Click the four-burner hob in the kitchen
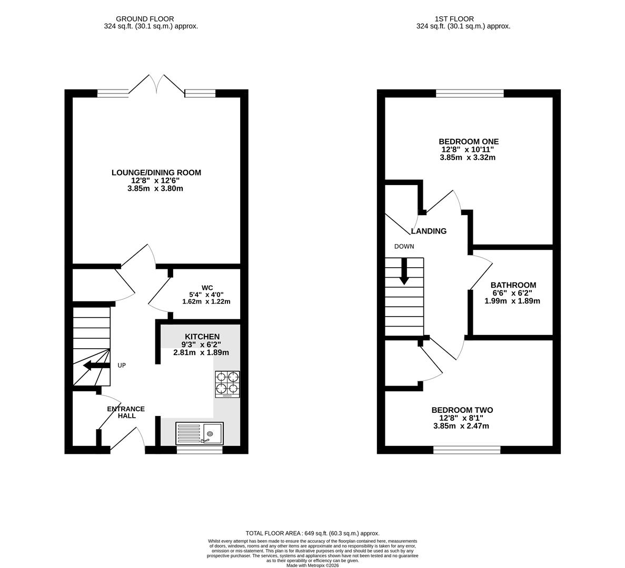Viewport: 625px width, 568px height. pyautogui.click(x=227, y=384)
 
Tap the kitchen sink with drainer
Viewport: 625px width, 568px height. pyautogui.click(x=200, y=433)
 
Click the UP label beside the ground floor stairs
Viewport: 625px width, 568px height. pyautogui.click(x=122, y=365)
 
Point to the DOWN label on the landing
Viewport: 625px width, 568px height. pyautogui.click(x=404, y=246)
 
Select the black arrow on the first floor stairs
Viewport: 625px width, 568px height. pyautogui.click(x=404, y=271)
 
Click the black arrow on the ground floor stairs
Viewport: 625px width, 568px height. pyautogui.click(x=96, y=366)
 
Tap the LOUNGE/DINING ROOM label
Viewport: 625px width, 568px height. pyautogui.click(x=156, y=173)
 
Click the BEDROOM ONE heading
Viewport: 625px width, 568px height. pyautogui.click(x=469, y=141)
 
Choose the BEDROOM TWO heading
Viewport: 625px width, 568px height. pyautogui.click(x=462, y=410)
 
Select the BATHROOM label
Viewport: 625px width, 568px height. pyautogui.click(x=513, y=285)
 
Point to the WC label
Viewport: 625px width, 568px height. pyautogui.click(x=207, y=288)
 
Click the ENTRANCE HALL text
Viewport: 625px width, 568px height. pyautogui.click(x=126, y=412)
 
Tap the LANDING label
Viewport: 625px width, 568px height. pyautogui.click(x=429, y=231)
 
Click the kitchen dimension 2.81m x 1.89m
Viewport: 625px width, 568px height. pyautogui.click(x=201, y=353)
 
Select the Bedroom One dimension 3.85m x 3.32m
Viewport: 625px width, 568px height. pyautogui.click(x=468, y=158)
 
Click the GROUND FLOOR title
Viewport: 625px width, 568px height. pyautogui.click(x=145, y=19)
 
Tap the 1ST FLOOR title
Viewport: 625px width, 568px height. pyautogui.click(x=454, y=19)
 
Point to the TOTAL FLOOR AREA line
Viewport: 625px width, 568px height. pyautogui.click(x=313, y=533)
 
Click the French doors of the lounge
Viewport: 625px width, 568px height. pyautogui.click(x=157, y=85)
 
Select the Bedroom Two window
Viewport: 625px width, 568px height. pyautogui.click(x=467, y=450)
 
